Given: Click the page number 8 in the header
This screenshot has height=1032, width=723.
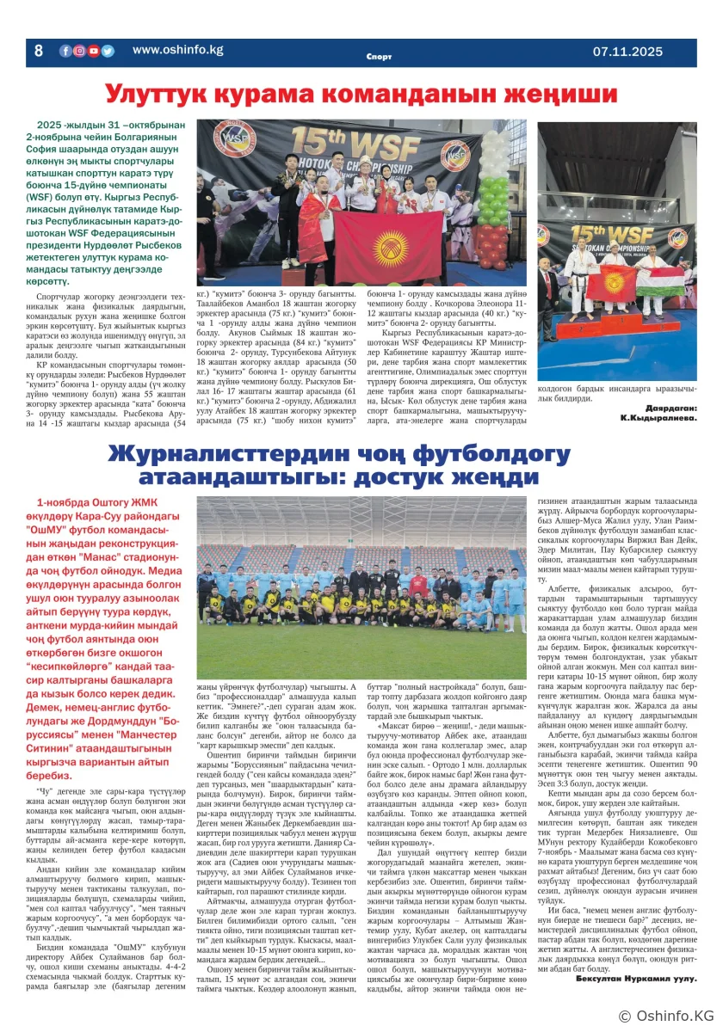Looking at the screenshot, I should coord(38,52).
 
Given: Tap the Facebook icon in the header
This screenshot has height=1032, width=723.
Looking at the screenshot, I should coord(65,51).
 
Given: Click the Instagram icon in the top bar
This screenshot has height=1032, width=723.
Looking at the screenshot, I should coord(79,51).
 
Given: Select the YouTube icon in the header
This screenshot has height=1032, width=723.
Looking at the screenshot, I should coord(93,51).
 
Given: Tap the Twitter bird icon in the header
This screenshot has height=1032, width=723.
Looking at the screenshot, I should coord(108,51).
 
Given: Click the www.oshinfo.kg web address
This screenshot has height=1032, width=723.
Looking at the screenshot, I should coord(177,50).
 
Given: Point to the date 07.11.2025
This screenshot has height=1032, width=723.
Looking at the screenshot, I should coord(627,52).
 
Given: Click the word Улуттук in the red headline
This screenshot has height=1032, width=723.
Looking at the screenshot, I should coord(162,92).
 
